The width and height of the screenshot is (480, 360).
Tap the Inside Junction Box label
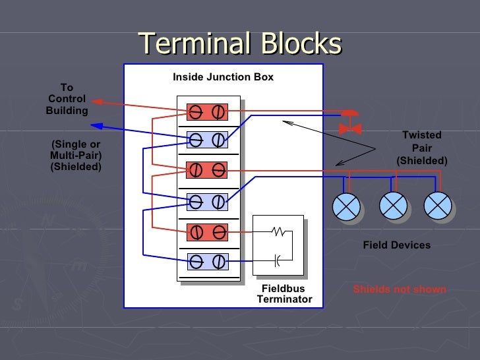pos(223,77)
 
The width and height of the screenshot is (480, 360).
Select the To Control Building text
pos(67,99)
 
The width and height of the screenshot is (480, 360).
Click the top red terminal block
pos(207,112)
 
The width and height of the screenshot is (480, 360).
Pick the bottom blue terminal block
pos(207,262)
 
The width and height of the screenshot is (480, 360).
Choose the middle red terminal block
pos(207,170)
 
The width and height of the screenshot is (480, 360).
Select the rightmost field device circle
pos(437,206)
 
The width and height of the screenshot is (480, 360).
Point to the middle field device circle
pos(394,206)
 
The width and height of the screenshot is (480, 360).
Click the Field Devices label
pos(396,245)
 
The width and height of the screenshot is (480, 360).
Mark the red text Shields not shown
pos(399,289)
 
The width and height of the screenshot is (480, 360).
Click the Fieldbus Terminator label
pos(284,294)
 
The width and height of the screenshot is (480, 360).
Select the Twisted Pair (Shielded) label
pos(421,148)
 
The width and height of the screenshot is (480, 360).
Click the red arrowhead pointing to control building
pos(96,102)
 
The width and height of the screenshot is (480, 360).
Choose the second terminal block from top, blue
pos(207,140)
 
